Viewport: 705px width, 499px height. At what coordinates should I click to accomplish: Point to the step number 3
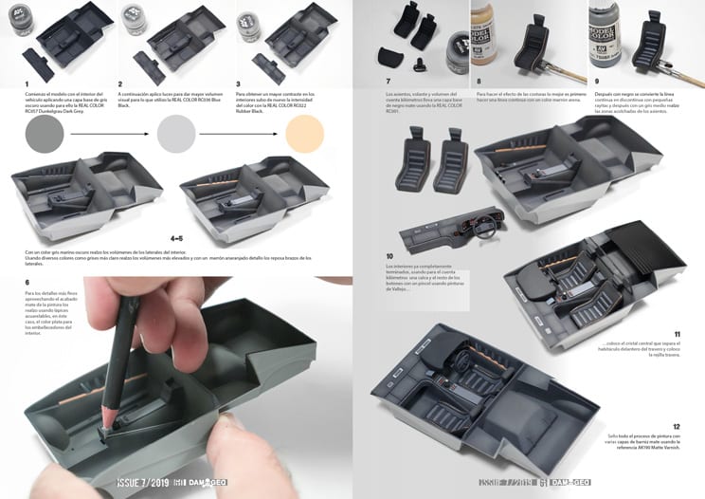coord(240,83)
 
